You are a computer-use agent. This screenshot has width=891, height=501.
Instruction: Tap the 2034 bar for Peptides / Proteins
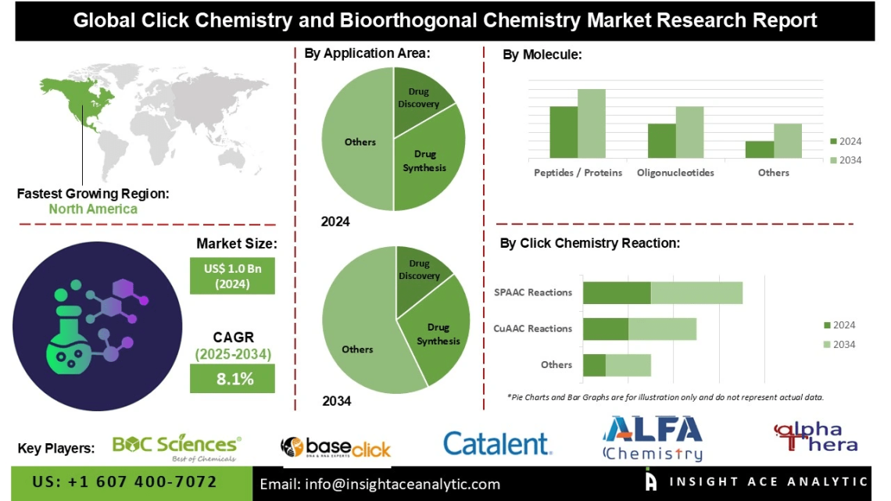(x=592, y=123)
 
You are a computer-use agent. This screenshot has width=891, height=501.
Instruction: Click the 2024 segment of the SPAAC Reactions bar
(x=617, y=292)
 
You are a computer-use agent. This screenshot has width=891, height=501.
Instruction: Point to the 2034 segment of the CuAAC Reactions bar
(x=662, y=329)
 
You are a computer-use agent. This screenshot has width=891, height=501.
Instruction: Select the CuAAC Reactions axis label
(x=533, y=329)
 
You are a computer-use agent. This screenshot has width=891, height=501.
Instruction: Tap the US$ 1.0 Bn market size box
(x=232, y=276)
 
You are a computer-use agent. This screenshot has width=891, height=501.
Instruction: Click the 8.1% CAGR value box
(x=232, y=379)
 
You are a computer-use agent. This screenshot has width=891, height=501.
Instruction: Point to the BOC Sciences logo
(x=177, y=446)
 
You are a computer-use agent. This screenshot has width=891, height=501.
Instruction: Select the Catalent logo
(x=497, y=444)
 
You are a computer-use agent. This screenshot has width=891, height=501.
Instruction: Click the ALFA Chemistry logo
(x=653, y=438)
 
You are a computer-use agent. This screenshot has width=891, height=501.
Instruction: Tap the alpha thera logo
(x=815, y=438)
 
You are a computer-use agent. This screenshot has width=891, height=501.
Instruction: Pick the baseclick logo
(x=336, y=447)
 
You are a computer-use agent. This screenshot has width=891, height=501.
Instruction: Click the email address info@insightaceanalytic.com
(x=380, y=485)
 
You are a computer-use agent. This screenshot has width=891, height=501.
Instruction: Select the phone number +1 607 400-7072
(x=124, y=482)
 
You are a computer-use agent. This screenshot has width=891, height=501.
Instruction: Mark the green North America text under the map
(x=93, y=209)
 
